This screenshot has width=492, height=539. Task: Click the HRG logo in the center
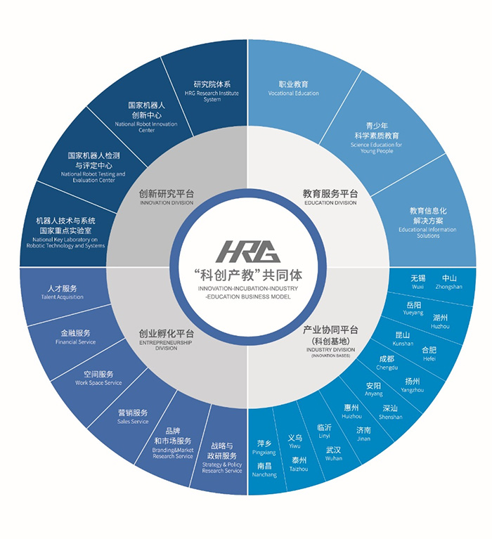[x=247, y=252]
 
